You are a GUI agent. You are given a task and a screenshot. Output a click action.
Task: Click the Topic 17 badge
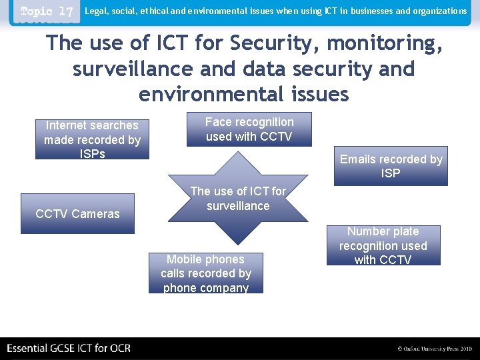coord(47,12)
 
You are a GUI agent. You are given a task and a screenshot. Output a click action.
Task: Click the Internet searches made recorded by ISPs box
coord(92,139)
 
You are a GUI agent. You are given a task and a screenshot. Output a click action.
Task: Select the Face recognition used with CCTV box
coord(249,129)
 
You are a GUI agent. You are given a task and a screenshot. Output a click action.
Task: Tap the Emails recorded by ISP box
coord(391,166)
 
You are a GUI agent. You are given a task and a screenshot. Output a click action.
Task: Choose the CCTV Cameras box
coord(77,213)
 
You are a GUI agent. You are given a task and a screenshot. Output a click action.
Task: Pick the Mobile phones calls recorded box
coord(205,273)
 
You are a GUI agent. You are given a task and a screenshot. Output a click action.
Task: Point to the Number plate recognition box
coord(383,245)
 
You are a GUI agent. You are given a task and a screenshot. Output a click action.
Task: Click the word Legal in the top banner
coord(95,11)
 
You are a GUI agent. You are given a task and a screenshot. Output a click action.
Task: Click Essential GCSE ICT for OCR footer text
coord(69,348)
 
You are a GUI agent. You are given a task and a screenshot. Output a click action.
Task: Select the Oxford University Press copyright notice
coord(434,349)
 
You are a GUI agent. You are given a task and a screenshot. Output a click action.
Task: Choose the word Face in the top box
coord(217,122)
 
